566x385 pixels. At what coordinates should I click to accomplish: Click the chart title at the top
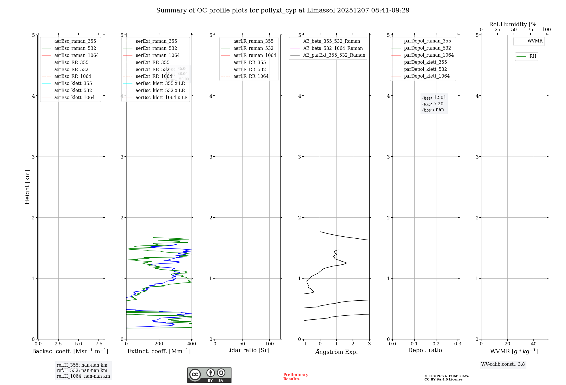[x=283, y=10]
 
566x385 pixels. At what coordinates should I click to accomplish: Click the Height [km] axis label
[x=27, y=187]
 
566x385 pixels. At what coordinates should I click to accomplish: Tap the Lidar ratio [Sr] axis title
[x=248, y=350]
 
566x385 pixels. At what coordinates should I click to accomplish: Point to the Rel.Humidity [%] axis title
[x=514, y=24]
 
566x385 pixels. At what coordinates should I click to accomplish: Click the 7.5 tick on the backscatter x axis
[x=99, y=344]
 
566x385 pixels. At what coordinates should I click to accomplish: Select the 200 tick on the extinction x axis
[x=159, y=344]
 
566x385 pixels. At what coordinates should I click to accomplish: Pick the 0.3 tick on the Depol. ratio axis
[x=458, y=344]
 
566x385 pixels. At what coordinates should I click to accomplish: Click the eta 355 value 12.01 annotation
[x=434, y=98]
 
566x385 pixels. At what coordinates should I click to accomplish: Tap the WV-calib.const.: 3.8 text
[x=503, y=364]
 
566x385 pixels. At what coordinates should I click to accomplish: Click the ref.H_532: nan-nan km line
[x=82, y=371]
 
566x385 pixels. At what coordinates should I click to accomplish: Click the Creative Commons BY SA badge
[x=209, y=375]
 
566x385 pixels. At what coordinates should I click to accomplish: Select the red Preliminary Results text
[x=295, y=377]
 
